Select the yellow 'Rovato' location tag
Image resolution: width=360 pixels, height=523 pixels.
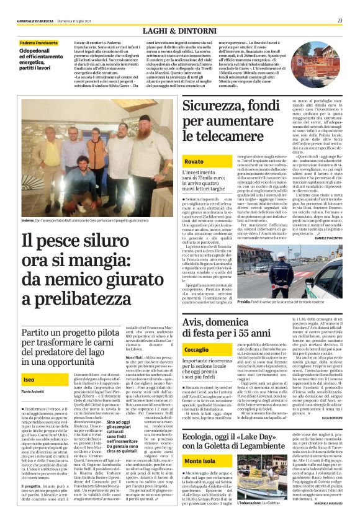pyautogui.click(x=194, y=161)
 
